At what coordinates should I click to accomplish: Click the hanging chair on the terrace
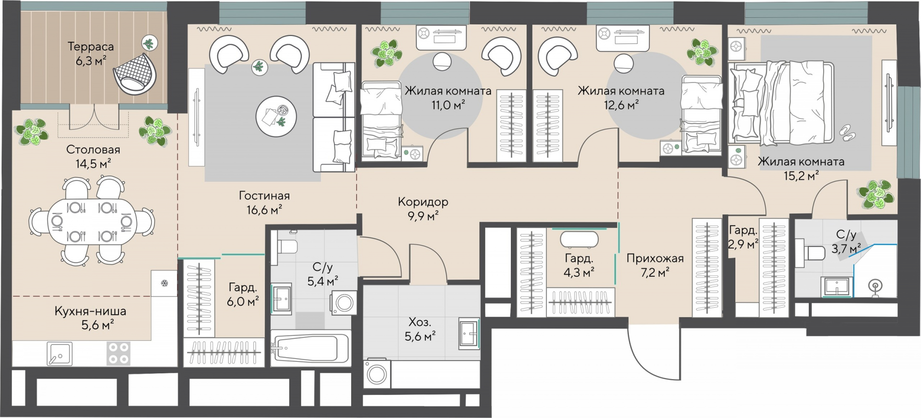pyautogui.click(x=135, y=73)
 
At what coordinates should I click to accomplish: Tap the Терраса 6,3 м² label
pyautogui.click(x=91, y=53)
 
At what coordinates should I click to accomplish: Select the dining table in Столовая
pyautogui.click(x=92, y=222)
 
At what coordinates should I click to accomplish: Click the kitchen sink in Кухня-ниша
pyautogui.click(x=59, y=354)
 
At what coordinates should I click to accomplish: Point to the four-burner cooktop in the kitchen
pyautogui.click(x=118, y=353)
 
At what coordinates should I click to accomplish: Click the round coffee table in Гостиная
pyautogui.click(x=276, y=117)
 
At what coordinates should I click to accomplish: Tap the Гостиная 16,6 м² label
pyautogui.click(x=264, y=203)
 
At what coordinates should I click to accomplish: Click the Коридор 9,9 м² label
pyautogui.click(x=423, y=209)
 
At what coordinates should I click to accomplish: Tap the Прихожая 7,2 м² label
pyautogui.click(x=655, y=265)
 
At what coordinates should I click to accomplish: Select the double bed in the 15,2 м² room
pyautogui.click(x=781, y=103)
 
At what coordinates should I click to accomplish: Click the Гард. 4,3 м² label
pyautogui.click(x=579, y=265)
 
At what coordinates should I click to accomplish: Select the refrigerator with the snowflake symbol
pyautogui.click(x=164, y=283)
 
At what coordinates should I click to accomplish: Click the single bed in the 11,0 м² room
pyautogui.click(x=381, y=119)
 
